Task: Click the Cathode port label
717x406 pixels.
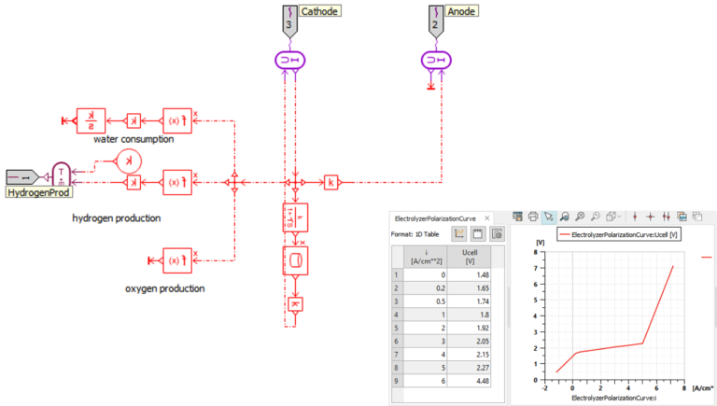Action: (x=320, y=11)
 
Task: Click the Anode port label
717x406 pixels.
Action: (x=461, y=11)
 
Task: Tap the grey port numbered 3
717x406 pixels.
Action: (x=288, y=20)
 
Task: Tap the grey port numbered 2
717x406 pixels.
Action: (x=434, y=20)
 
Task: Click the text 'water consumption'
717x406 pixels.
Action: (x=134, y=140)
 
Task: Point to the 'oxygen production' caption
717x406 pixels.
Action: (x=165, y=288)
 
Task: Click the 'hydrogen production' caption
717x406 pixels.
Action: (x=117, y=217)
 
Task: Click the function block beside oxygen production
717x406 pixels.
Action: (x=177, y=258)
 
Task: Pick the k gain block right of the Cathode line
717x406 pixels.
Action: (x=331, y=181)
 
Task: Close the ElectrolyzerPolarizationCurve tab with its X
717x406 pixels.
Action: (x=488, y=217)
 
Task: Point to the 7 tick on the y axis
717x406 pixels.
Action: (x=536, y=268)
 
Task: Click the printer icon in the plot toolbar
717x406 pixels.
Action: (x=532, y=217)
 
